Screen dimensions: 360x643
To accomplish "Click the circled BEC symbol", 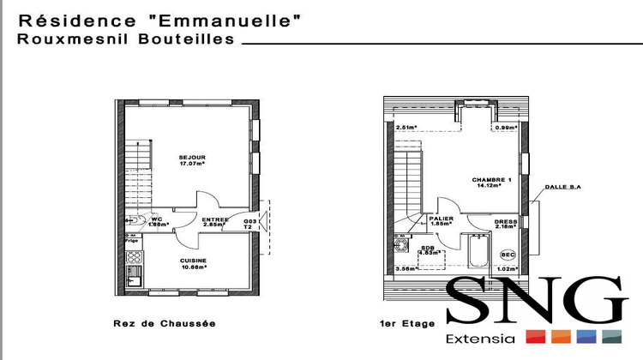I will (x=508, y=255).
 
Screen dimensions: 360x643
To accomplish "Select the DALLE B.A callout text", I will (x=562, y=188).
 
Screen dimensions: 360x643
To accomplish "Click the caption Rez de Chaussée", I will (x=164, y=324).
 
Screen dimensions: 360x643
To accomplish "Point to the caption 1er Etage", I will (x=407, y=324).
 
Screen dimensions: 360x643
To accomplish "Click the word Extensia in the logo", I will (x=481, y=339).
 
